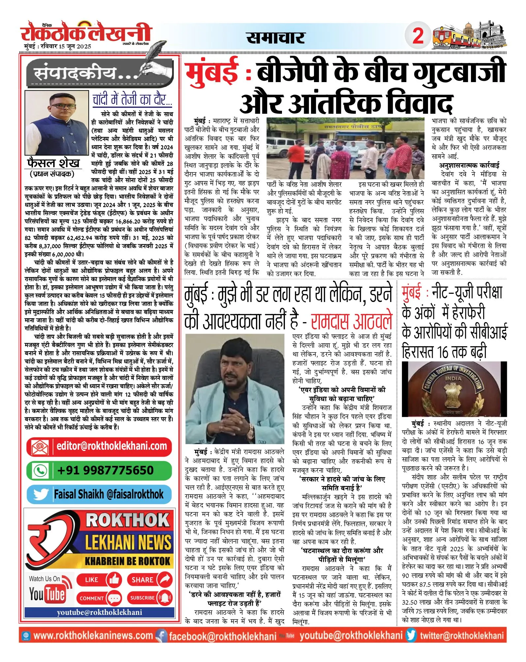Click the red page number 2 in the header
[x=418, y=35]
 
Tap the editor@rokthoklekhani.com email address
[x=111, y=446]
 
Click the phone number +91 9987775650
[x=105, y=470]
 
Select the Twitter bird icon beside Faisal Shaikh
[x=41, y=495]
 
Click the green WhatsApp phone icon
[x=41, y=471]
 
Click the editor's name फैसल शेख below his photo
[x=53, y=163]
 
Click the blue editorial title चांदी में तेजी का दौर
[x=132, y=99]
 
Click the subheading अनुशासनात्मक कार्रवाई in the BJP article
[x=469, y=165]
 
